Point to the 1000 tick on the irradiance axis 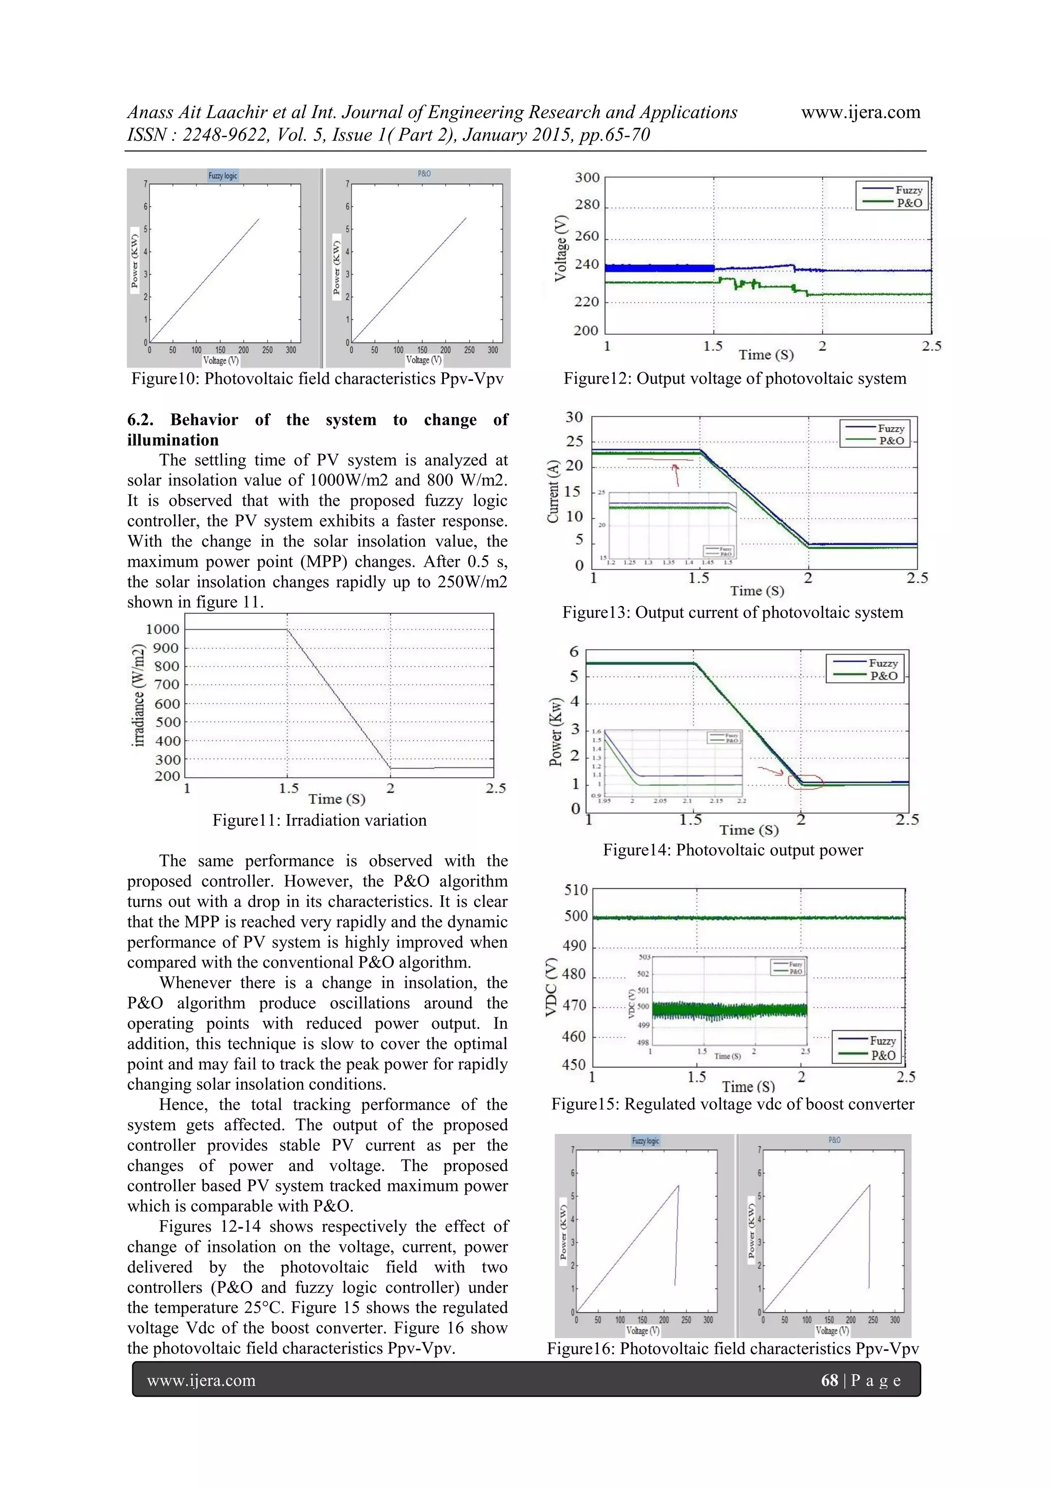[163, 629]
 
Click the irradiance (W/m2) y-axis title [138, 695]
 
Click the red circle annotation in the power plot [805, 782]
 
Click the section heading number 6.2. [140, 420]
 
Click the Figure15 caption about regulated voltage [732, 1104]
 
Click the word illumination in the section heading [173, 440]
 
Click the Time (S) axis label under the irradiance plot [337, 799]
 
